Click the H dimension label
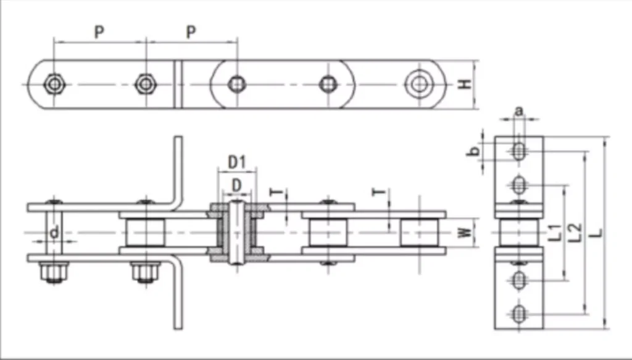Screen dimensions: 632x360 [x=465, y=84]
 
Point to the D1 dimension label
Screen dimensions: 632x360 [x=236, y=162]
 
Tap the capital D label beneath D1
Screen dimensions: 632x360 [x=236, y=185]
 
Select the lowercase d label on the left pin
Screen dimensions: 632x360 [x=54, y=232]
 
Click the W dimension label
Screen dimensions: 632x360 [x=465, y=233]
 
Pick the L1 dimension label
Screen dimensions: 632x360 [x=555, y=233]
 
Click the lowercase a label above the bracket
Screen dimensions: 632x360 [x=519, y=111]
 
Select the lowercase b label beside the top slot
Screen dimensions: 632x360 [x=475, y=151]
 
